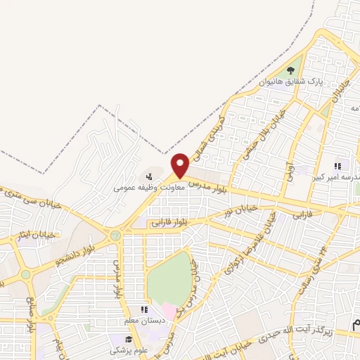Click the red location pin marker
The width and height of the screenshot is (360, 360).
pyautogui.click(x=181, y=165)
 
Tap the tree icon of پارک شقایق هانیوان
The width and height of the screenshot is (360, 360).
pyautogui.click(x=290, y=70)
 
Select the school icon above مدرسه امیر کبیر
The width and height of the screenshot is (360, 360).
pyautogui.click(x=337, y=167)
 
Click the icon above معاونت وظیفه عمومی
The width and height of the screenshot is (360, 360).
pyautogui.click(x=148, y=176)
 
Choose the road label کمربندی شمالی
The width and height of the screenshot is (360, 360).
pyautogui.click(x=212, y=127)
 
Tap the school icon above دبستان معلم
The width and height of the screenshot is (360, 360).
pyautogui.click(x=144, y=309)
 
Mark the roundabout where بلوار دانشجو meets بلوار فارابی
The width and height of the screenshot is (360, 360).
pyautogui.click(x=114, y=236)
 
